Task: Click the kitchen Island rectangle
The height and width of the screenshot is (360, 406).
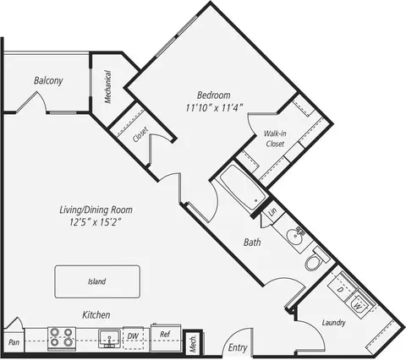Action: pos(96,281)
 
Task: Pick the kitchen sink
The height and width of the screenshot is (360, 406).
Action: pos(108,340)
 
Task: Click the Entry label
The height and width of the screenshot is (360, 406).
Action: pos(239,346)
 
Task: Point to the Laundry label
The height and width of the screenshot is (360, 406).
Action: pos(336,323)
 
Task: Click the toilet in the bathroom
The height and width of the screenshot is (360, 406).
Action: pos(314,263)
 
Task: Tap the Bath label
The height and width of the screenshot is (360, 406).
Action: pos(252,243)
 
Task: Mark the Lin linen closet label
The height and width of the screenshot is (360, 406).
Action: pos(273,212)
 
